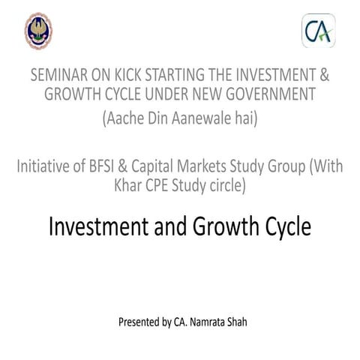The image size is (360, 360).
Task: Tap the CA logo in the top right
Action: point(318,31)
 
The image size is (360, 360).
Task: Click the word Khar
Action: point(130,186)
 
